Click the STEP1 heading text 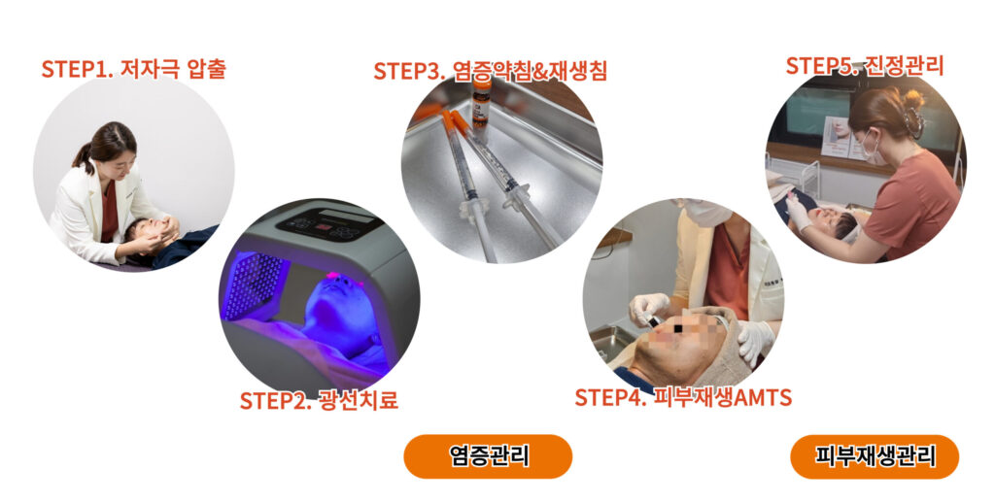tap(134, 68)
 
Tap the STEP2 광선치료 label tap(319, 401)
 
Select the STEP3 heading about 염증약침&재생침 tap(490, 71)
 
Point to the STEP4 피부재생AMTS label tap(683, 397)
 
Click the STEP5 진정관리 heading tap(865, 66)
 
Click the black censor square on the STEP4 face tap(678, 329)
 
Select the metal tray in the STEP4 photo tap(610, 342)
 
